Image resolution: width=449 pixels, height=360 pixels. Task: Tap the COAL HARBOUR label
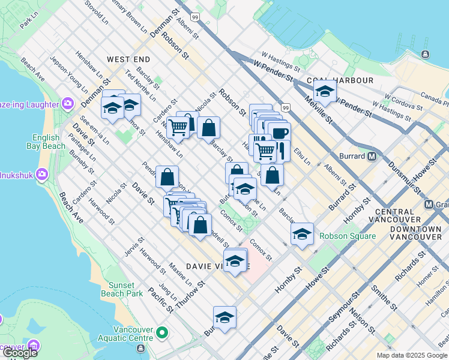(340, 80)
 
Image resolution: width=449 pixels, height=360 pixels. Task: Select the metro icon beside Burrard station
(372, 157)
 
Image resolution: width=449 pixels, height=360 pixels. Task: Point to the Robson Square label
(347, 236)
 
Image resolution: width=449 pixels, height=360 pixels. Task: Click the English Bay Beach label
(46, 141)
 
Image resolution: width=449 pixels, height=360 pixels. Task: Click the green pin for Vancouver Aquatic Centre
(161, 332)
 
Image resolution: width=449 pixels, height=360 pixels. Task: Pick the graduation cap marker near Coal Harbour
(324, 92)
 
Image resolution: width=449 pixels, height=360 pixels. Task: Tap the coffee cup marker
(279, 133)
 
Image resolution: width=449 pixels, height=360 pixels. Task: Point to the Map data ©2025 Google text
(412, 355)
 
